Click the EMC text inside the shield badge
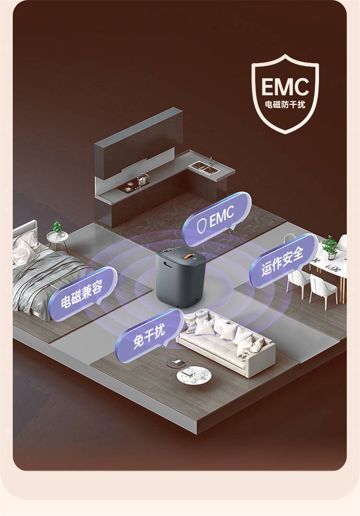pyautogui.click(x=285, y=86)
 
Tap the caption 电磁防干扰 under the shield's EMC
pyautogui.click(x=285, y=105)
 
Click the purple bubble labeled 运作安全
pyautogui.click(x=283, y=260)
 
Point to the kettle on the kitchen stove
pyautogui.click(x=142, y=179)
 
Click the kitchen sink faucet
pyautogui.click(x=210, y=161)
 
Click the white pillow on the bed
pyautogui.click(x=24, y=251)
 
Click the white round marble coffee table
pyautogui.click(x=193, y=375)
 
